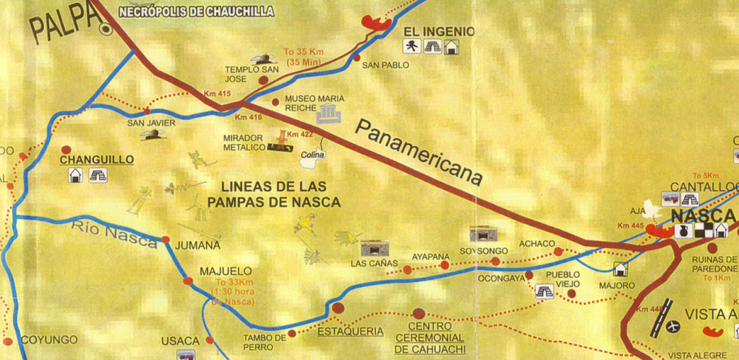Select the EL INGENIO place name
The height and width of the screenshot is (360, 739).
(x=439, y=32)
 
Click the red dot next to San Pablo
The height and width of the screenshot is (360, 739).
(x=356, y=57)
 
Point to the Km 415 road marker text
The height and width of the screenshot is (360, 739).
(x=217, y=95)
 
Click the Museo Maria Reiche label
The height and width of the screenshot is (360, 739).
(x=315, y=103)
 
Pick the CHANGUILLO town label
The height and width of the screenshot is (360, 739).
(x=97, y=159)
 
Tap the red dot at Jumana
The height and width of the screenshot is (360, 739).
(x=166, y=239)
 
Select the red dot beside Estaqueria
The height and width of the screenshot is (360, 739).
(x=338, y=308)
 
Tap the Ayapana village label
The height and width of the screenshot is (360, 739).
(x=430, y=257)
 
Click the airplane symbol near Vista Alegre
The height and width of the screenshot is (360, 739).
(x=674, y=327)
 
